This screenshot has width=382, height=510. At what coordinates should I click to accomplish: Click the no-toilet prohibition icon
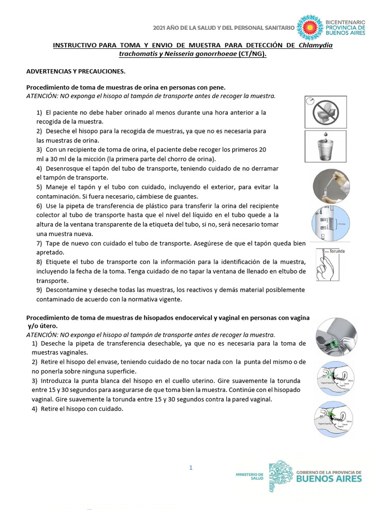click(326, 112)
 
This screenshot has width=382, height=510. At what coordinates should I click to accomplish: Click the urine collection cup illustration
click(326, 146)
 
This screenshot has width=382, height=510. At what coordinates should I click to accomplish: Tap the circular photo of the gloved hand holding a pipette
click(331, 186)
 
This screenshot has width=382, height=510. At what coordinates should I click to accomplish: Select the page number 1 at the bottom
click(191, 467)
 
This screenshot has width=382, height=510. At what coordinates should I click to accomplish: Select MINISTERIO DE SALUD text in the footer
click(250, 476)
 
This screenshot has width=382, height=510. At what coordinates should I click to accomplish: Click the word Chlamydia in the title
click(315, 46)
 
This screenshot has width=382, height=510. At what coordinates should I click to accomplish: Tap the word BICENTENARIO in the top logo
click(345, 22)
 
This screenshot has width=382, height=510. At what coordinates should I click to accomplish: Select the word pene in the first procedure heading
click(216, 87)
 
